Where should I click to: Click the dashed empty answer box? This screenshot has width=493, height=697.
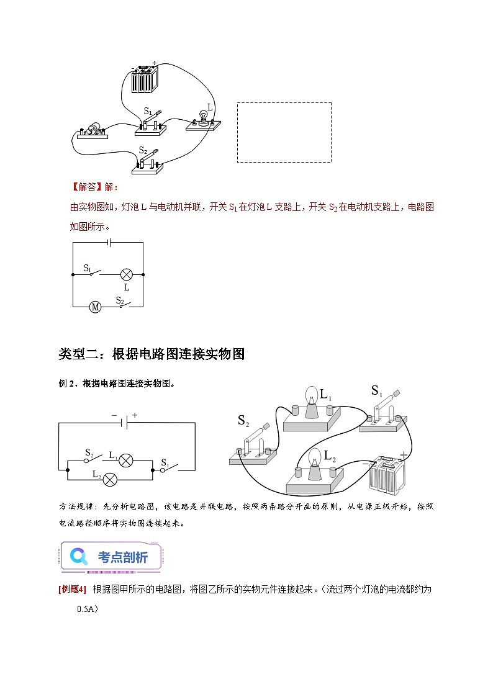tap(284, 132)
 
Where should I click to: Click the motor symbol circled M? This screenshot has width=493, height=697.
tap(95, 307)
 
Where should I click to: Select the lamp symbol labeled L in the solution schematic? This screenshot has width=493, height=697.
tap(127, 274)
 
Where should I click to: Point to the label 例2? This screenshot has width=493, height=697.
tap(66, 384)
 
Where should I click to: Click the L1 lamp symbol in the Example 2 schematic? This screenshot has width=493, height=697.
tap(126, 461)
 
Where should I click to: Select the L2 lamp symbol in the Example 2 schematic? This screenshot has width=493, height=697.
tap(111, 479)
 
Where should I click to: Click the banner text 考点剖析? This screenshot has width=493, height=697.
tap(123, 557)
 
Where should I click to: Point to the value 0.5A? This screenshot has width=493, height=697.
tap(88, 609)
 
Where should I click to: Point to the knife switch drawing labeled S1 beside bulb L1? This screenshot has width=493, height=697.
tap(384, 410)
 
